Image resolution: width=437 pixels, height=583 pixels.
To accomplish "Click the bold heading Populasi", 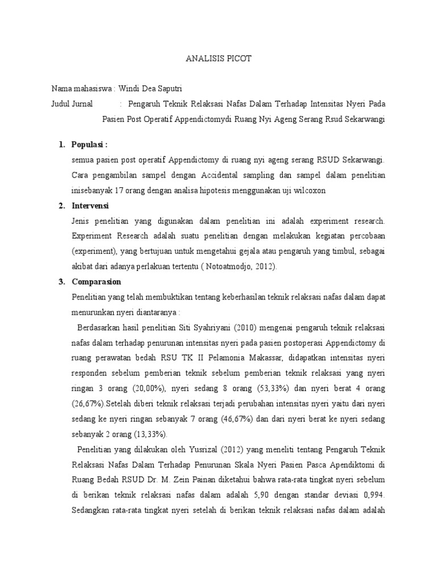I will click(x=89, y=145).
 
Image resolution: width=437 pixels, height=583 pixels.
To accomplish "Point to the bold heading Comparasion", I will click(x=96, y=282).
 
